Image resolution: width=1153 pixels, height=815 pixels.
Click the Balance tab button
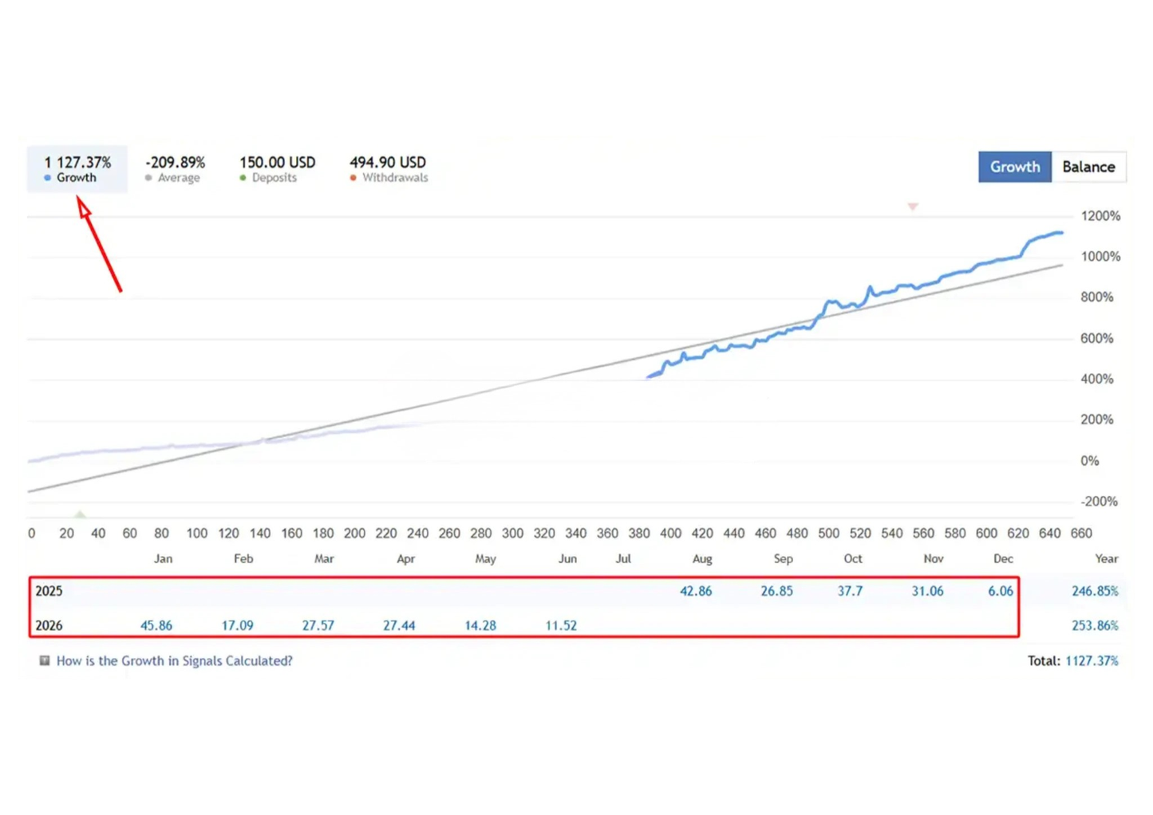pos(1088,167)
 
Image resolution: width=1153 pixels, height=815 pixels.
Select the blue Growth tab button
pos(1015,167)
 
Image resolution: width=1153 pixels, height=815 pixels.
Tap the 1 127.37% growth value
pos(77,163)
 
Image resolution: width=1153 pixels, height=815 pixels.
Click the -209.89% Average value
pos(175,163)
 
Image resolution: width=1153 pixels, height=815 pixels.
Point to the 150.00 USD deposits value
pos(278,163)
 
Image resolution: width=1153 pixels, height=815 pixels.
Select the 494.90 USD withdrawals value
pos(388,163)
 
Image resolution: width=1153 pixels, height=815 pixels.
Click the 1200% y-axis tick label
pos(1100,216)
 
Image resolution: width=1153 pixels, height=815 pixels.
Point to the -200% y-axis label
pos(1099,502)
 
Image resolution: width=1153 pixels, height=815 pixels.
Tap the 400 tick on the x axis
pos(671,533)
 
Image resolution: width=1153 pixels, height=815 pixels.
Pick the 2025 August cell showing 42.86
pos(696,591)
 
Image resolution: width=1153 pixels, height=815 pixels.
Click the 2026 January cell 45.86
pos(156,626)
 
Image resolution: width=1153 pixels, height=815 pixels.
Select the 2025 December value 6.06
pos(1000,591)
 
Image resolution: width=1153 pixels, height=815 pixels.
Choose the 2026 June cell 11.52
pos(561,626)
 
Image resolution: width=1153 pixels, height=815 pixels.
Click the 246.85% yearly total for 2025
pos(1095,591)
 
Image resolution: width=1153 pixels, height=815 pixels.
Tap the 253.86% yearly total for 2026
pos(1095,626)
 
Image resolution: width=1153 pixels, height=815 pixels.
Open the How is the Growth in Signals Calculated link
pos(175,660)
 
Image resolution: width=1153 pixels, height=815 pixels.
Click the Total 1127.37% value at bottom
pos(1092,660)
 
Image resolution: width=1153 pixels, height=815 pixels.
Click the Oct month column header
pos(853,559)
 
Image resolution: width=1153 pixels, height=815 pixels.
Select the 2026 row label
pos(49,626)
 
